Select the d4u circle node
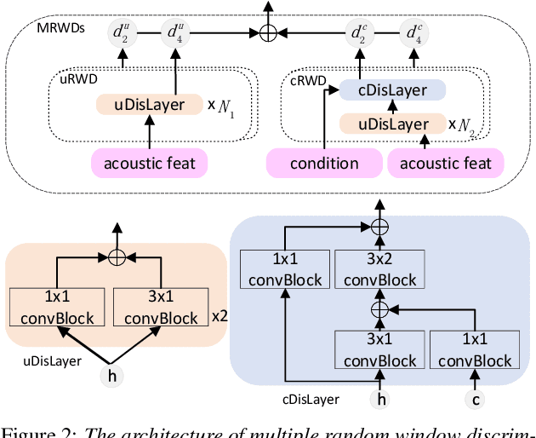(175, 33)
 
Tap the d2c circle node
(360, 33)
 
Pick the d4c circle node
(415, 33)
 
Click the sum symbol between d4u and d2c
(268, 33)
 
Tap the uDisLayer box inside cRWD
(392, 124)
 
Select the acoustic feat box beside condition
(446, 162)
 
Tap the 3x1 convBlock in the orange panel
(160, 307)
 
